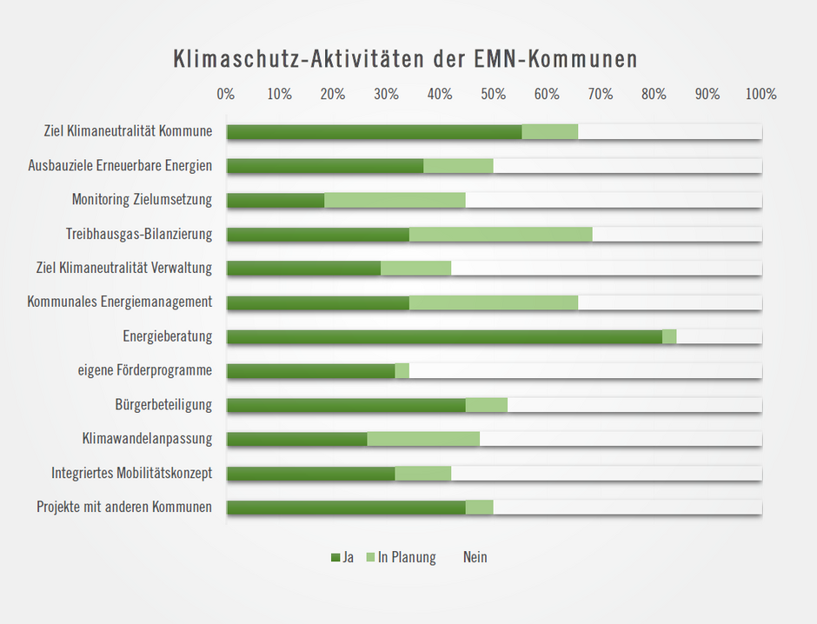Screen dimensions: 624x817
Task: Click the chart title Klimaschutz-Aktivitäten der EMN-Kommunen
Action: pos(406,59)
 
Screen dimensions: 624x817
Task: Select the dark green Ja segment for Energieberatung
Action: pos(444,337)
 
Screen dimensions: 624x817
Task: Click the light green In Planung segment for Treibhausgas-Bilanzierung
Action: pos(501,235)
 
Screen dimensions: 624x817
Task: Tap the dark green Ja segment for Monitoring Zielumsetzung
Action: pos(276,201)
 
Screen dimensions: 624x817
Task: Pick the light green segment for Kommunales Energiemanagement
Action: pos(493,303)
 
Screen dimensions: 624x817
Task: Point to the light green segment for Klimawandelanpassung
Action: pos(423,440)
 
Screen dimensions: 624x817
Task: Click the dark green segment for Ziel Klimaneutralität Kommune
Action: pos(375,132)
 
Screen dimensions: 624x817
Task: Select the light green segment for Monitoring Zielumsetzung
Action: pos(395,201)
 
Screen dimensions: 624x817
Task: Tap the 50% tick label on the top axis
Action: pos(494,94)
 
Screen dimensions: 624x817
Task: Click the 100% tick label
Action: pos(761,94)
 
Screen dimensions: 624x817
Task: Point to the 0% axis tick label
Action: pos(226,94)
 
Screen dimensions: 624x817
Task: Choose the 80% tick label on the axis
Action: pos(654,94)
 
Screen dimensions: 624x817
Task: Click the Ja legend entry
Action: pos(342,557)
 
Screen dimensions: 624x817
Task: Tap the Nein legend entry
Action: pos(475,557)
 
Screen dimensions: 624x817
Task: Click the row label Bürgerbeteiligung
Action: pos(163,405)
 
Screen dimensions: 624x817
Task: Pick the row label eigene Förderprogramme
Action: pos(145,371)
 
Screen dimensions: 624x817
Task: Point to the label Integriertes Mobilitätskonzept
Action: pos(132,474)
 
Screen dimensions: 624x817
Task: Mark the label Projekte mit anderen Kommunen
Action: pos(124,508)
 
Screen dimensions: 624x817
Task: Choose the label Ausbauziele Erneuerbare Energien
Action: pos(120,166)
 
